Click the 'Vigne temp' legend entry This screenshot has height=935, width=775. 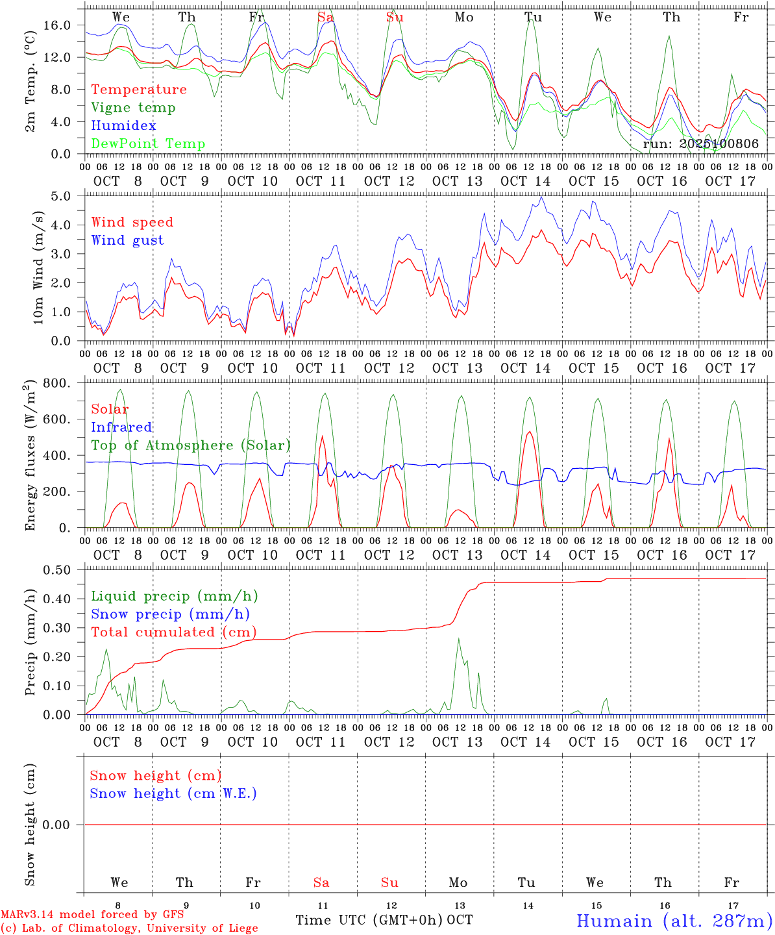(x=133, y=108)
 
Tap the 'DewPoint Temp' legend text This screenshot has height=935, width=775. (x=148, y=144)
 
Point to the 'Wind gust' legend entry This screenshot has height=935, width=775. (x=127, y=240)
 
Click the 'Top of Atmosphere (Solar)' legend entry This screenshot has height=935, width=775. (x=191, y=445)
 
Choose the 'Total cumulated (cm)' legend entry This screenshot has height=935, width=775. (x=173, y=632)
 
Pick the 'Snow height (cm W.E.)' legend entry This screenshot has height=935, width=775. (x=173, y=793)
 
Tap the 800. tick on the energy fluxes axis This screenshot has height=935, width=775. (x=57, y=383)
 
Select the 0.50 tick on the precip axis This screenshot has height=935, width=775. (x=57, y=570)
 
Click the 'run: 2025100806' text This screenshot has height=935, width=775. (x=700, y=144)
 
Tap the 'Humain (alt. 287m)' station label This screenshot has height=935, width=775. (x=674, y=921)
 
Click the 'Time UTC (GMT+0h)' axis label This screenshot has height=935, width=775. (x=369, y=920)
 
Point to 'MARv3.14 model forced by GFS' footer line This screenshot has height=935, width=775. (x=92, y=915)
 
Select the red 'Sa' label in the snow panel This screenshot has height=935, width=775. (x=321, y=882)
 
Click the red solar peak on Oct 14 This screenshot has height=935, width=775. (x=530, y=432)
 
